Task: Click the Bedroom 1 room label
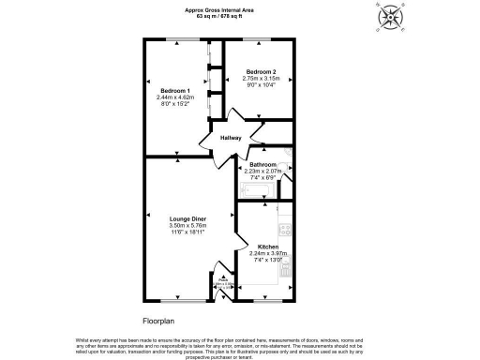click(176, 90)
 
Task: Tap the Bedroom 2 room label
click(260, 71)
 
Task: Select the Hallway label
click(231, 138)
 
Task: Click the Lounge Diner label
click(187, 218)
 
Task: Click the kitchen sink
click(287, 271)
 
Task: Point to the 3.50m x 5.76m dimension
click(187, 225)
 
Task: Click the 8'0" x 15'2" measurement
click(176, 103)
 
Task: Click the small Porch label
click(224, 277)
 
